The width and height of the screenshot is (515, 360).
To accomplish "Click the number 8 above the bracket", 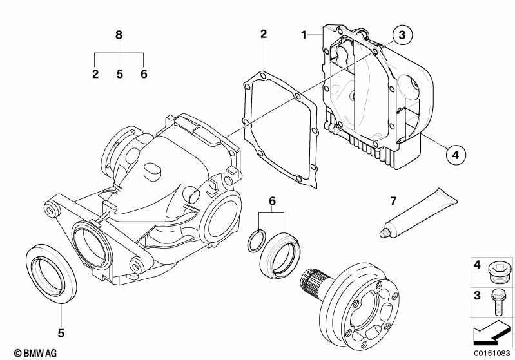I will (119, 35).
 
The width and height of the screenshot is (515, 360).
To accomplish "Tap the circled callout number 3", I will (401, 35).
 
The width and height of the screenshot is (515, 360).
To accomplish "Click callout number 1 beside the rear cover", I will (304, 33).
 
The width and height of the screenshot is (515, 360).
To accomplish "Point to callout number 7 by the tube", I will (393, 202).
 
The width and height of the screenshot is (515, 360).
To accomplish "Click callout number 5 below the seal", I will (61, 333).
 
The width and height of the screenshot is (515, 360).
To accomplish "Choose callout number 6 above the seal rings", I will (272, 202).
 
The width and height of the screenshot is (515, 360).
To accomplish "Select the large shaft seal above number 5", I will (50, 270).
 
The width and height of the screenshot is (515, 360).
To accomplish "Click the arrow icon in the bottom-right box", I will (489, 334).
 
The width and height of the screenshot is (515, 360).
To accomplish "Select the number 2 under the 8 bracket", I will (95, 74).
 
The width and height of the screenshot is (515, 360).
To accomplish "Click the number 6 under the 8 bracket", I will (144, 74).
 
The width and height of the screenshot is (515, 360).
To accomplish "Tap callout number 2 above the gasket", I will (264, 33).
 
